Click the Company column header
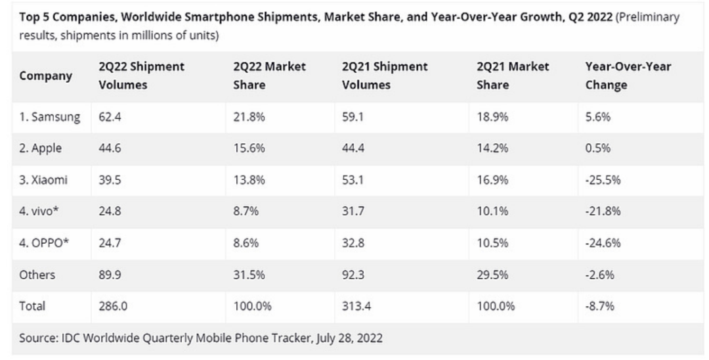(45, 76)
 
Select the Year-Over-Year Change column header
(628, 76)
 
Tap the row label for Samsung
(49, 117)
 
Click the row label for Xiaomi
(43, 179)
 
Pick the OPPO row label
(44, 243)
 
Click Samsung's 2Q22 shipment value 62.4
(110, 117)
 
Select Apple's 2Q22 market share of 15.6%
(249, 148)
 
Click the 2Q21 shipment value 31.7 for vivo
(353, 211)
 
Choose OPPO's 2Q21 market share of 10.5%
(492, 243)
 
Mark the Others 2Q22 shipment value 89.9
(110, 275)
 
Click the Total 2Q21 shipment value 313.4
(356, 306)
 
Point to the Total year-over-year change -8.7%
(599, 306)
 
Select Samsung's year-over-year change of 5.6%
(597, 117)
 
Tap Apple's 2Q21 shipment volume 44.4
(353, 148)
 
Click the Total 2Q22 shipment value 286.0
(113, 306)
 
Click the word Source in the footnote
(38, 338)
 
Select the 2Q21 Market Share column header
(513, 76)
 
